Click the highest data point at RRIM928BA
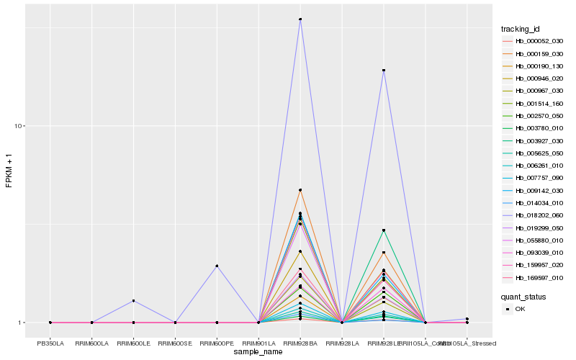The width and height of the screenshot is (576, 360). (300, 19)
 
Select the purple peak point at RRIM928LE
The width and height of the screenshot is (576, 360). (384, 71)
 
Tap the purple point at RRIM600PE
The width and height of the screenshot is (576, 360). (217, 266)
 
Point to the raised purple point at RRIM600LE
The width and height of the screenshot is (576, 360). (133, 300)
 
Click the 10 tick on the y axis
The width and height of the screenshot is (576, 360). (20, 127)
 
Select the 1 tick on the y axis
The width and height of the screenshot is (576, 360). (22, 323)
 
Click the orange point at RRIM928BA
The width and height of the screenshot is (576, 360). (300, 190)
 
